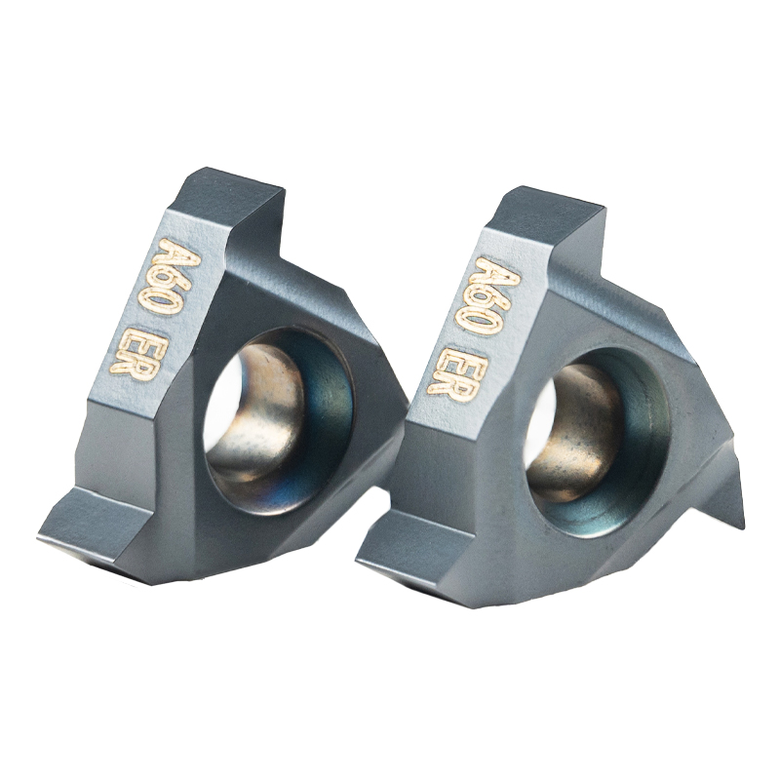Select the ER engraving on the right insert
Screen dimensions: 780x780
pos(448,370)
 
